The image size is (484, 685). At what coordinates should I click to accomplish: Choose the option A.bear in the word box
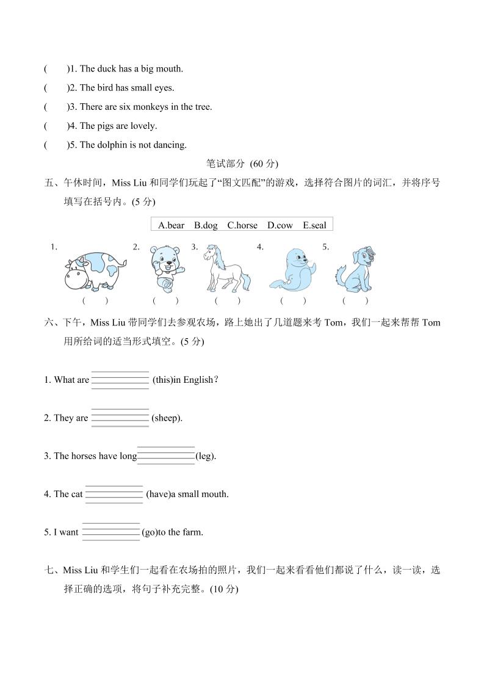pos(171,225)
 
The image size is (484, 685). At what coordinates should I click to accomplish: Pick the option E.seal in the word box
pos(314,225)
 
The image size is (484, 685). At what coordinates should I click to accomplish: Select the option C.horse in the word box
pos(242,225)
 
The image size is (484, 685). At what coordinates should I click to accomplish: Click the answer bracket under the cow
pos(95,300)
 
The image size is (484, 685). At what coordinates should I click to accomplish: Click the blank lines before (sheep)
pos(120,418)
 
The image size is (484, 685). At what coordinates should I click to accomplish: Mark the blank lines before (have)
pos(114,494)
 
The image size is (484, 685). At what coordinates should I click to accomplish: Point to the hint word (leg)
pos(206,456)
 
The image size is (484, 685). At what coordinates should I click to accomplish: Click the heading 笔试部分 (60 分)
pos(242,164)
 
